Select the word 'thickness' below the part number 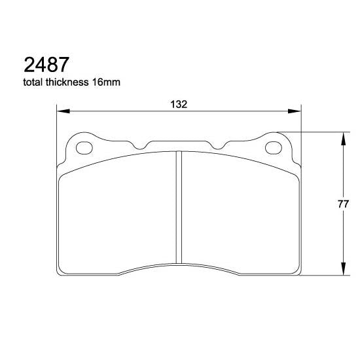tap(73, 83)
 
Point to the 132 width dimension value tap(179, 104)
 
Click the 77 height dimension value tap(342, 204)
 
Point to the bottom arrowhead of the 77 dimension tap(342, 270)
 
